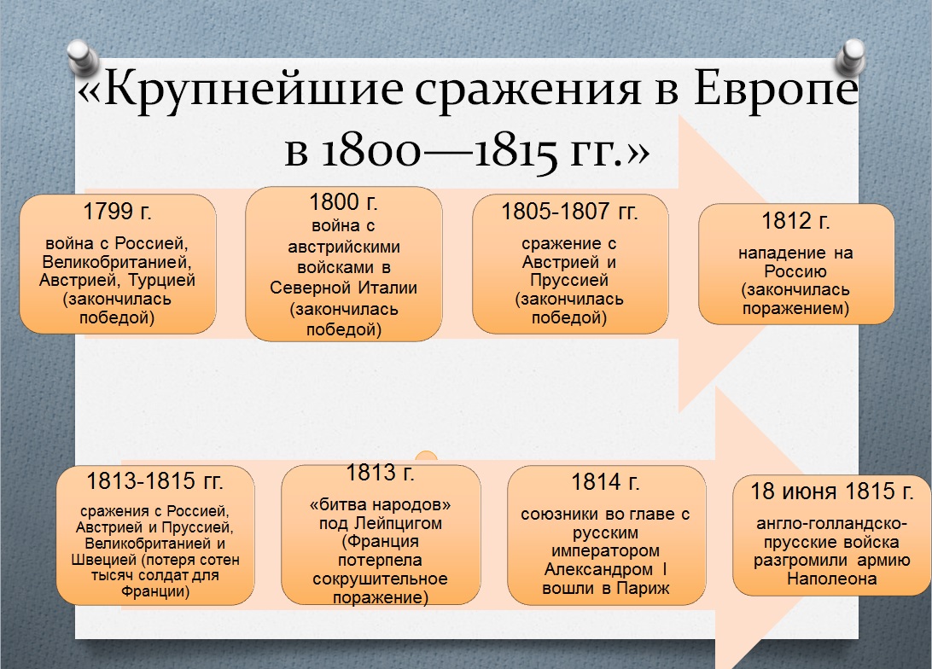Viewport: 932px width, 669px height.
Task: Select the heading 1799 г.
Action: pos(118,212)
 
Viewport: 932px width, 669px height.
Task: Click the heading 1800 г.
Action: pos(344,203)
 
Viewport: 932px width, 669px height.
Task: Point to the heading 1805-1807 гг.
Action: pos(569,211)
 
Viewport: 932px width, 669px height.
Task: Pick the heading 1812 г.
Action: pos(795,221)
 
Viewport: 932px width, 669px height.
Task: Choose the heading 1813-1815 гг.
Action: pos(154,480)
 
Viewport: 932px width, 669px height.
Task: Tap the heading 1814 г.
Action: pos(605,482)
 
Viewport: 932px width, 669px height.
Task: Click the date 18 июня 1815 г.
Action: pos(832,492)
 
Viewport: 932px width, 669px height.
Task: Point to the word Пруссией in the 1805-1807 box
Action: pos(569,281)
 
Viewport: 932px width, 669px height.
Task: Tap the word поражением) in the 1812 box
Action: pos(795,309)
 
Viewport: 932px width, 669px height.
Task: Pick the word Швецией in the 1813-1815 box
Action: pos(107,561)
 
